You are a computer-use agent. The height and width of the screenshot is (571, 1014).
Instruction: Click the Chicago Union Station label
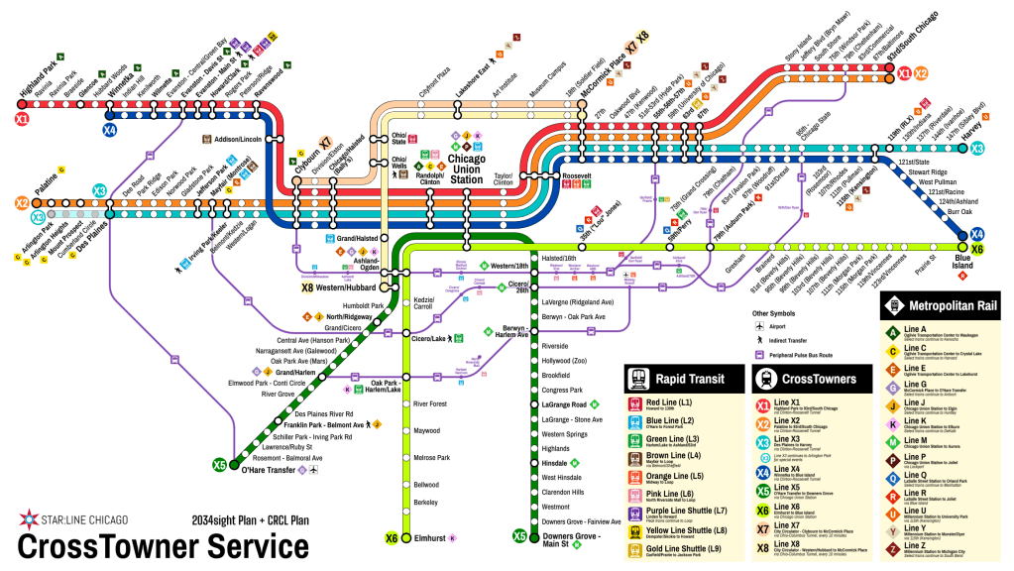[466, 168]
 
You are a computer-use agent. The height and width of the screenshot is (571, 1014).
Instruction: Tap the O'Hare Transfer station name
[268, 470]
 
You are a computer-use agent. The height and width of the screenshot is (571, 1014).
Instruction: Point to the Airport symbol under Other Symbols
[759, 325]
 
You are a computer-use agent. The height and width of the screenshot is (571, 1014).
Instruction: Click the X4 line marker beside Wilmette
[109, 129]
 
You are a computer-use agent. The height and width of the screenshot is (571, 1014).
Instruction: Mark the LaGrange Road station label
[564, 404]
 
